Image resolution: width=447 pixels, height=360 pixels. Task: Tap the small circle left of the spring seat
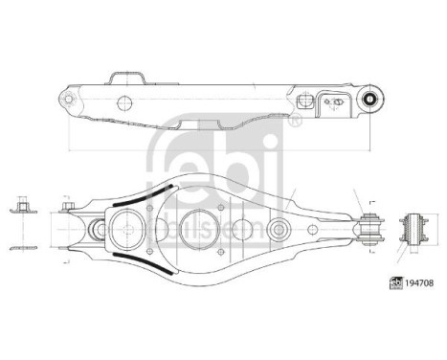point(98,230)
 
